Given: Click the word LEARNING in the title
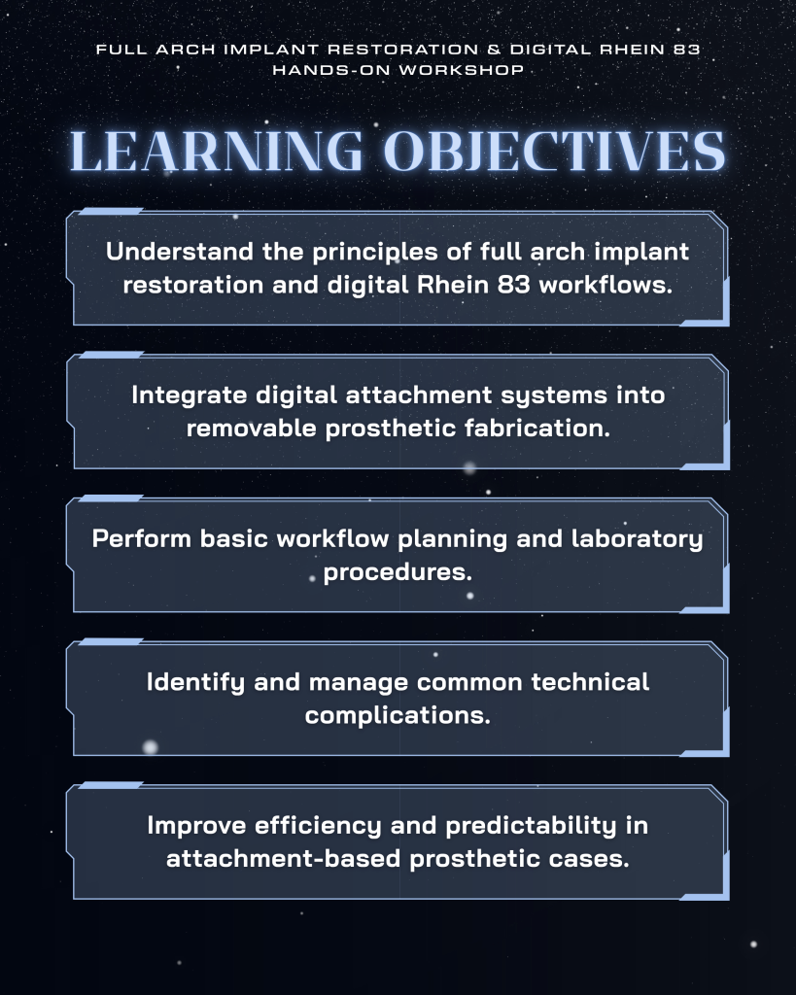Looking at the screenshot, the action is (216, 151).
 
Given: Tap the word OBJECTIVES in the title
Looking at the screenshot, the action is (555, 151).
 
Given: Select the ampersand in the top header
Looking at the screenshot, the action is (495, 50).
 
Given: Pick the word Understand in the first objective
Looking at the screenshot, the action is (180, 252).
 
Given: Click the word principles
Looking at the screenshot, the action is (374, 253).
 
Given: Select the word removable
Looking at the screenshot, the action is (252, 429).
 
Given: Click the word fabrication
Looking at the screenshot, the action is (537, 429).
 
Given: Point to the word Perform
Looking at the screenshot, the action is (142, 538).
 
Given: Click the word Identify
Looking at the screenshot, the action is (195, 683).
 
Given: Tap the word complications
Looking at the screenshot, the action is (398, 716).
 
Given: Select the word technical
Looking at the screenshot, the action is (590, 682).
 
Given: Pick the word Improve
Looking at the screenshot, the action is (196, 826).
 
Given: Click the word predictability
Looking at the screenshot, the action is (531, 826).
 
